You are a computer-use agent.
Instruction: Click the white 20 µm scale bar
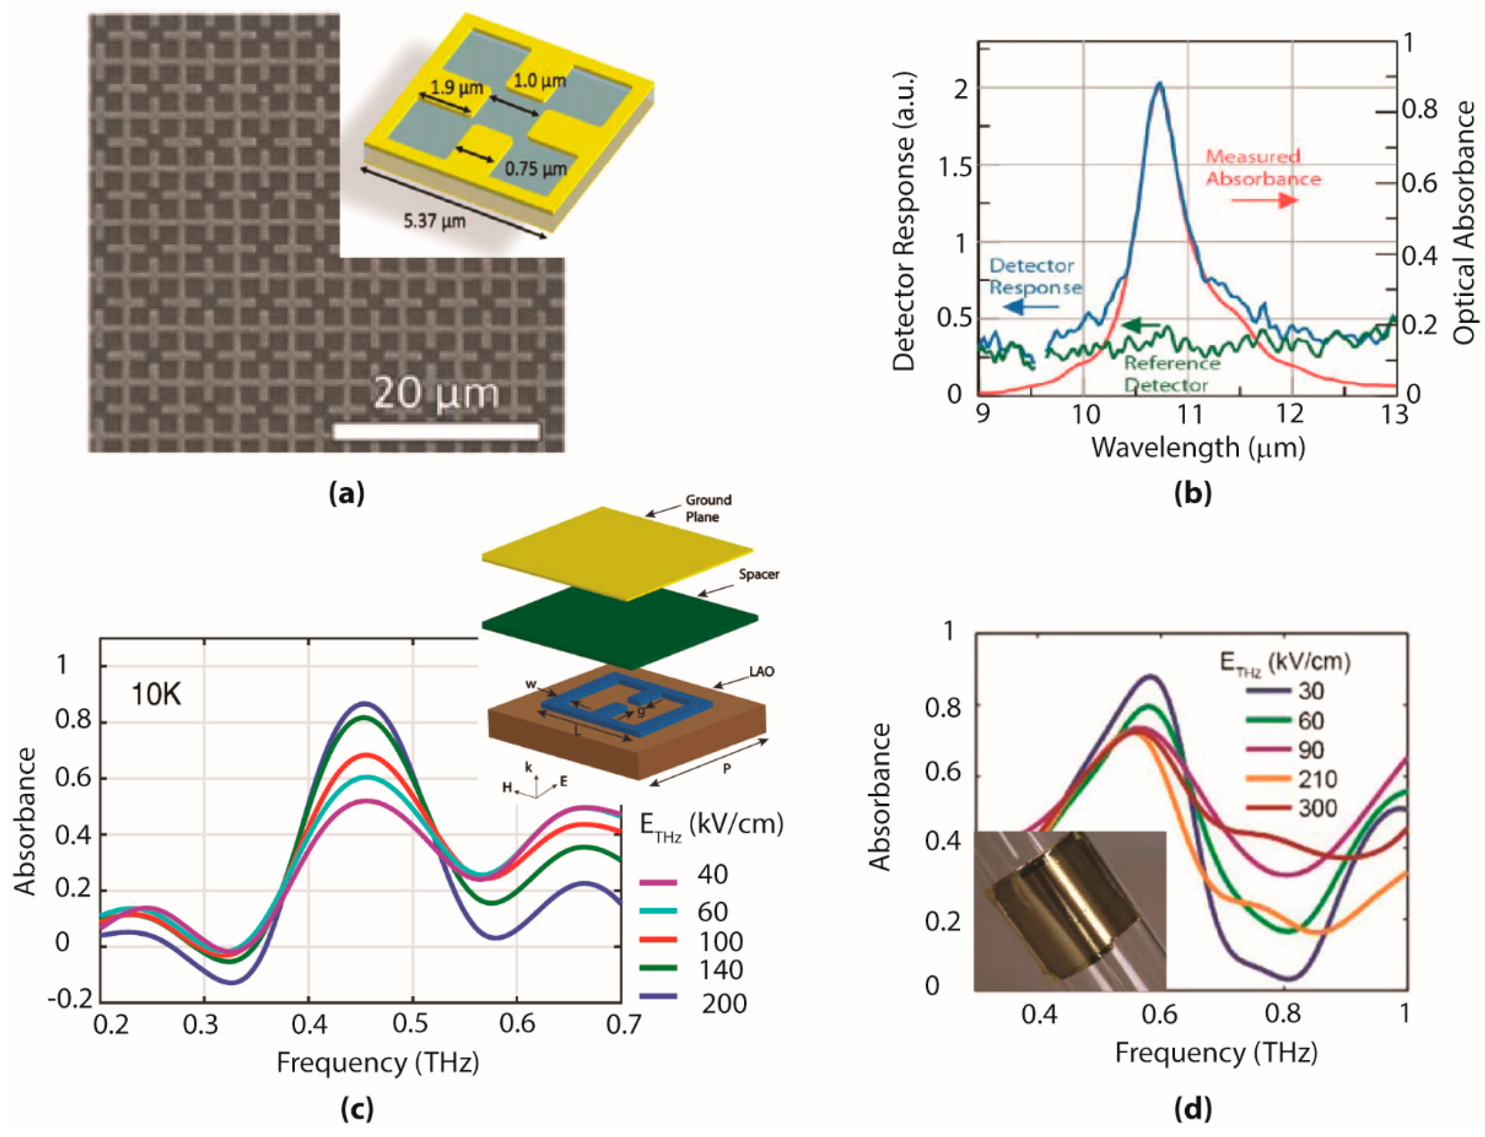pyautogui.click(x=437, y=431)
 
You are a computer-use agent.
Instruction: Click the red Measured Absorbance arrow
pyautogui.click(x=1264, y=200)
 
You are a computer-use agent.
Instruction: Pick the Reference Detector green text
pyautogui.click(x=1171, y=374)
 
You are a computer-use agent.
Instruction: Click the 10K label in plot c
pyautogui.click(x=156, y=694)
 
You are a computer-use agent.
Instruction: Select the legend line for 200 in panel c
pyautogui.click(x=658, y=996)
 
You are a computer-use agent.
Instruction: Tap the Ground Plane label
pyautogui.click(x=708, y=508)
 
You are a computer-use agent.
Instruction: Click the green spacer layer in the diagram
pyautogui.click(x=619, y=626)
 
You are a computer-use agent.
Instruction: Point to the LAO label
pyautogui.click(x=761, y=672)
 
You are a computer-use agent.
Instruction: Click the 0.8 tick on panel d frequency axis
pyautogui.click(x=1282, y=1014)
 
